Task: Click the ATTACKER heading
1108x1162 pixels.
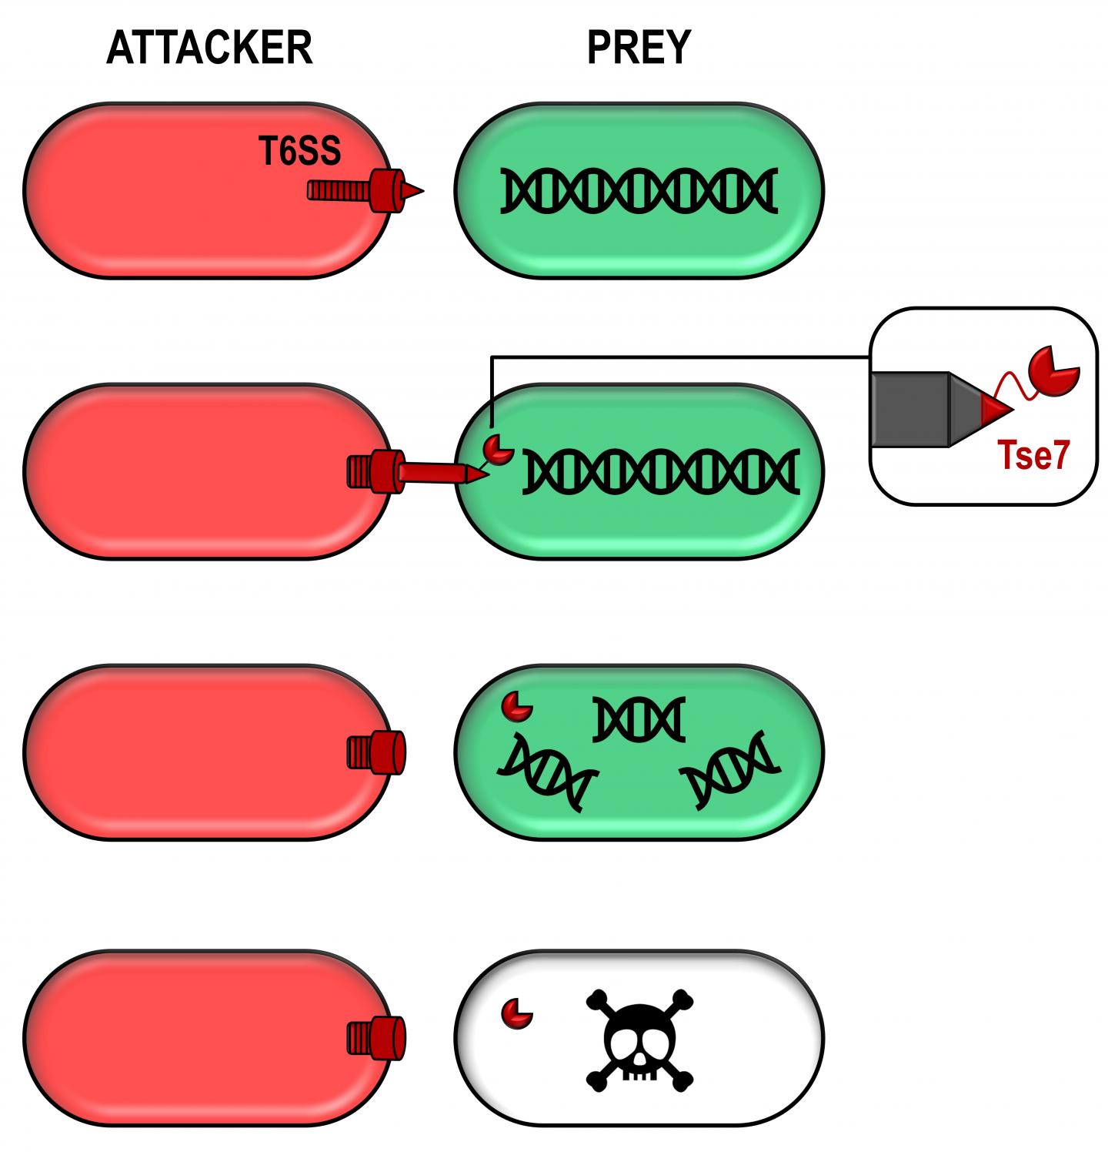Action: [x=209, y=48]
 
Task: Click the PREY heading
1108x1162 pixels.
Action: [x=639, y=48]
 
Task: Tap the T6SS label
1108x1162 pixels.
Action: [x=300, y=152]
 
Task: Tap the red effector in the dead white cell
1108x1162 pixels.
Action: [x=516, y=1012]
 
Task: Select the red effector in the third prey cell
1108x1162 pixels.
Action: [x=516, y=705]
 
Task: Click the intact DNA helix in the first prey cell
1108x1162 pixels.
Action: [x=639, y=190]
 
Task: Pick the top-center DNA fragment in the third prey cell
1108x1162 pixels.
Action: [x=639, y=718]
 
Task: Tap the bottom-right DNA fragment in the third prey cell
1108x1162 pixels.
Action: [x=731, y=769]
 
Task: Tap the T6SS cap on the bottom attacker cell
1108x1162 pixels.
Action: [x=376, y=1037]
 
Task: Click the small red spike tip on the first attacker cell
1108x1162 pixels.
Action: [x=413, y=190]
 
